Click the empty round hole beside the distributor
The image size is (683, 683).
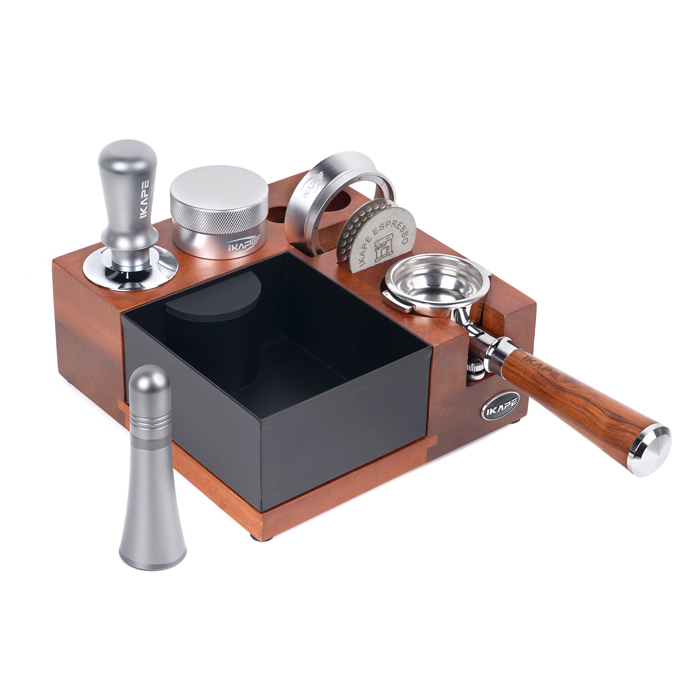point(279,213)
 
